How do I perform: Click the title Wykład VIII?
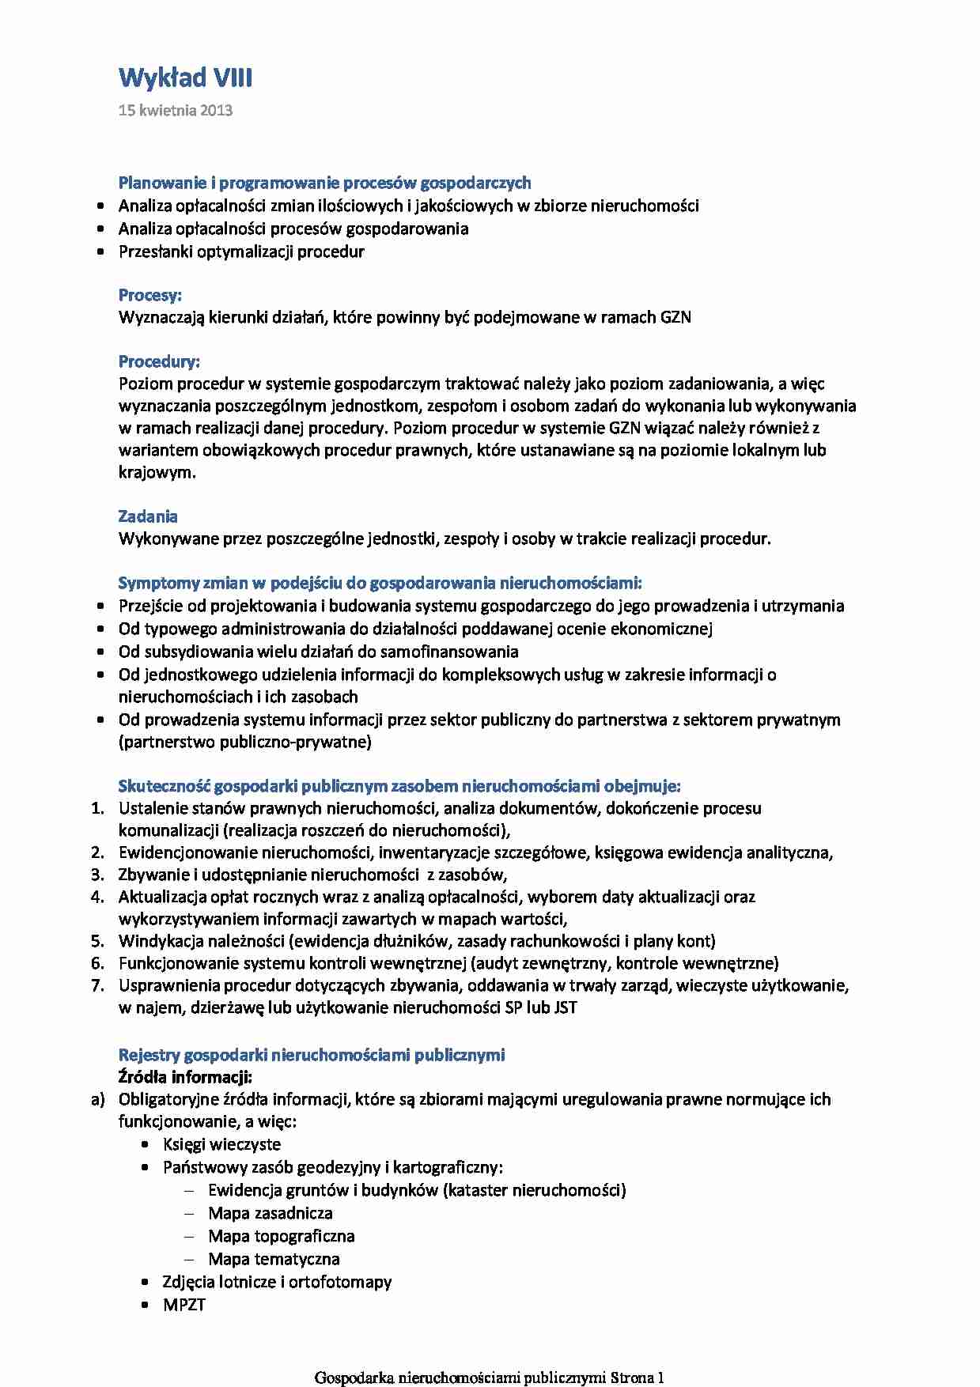click(x=185, y=78)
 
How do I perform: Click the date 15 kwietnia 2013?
click(x=176, y=111)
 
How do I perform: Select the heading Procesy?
click(x=150, y=295)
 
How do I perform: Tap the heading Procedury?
click(x=159, y=361)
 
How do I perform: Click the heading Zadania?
click(x=148, y=516)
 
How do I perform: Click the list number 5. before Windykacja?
click(x=97, y=941)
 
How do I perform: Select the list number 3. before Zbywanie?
click(x=97, y=875)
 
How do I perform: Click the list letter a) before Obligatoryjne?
click(x=97, y=1099)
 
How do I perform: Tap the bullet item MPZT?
click(x=184, y=1305)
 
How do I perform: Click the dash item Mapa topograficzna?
click(x=281, y=1236)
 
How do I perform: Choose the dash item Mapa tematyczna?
click(x=274, y=1259)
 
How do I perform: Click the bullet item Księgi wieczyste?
click(x=221, y=1144)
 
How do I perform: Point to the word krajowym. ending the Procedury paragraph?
click(x=157, y=472)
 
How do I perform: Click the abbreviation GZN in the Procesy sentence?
click(x=675, y=317)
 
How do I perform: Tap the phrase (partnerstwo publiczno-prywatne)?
click(x=245, y=742)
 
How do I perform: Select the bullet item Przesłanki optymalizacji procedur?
click(x=241, y=251)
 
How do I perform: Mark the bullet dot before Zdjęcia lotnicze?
click(x=145, y=1282)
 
